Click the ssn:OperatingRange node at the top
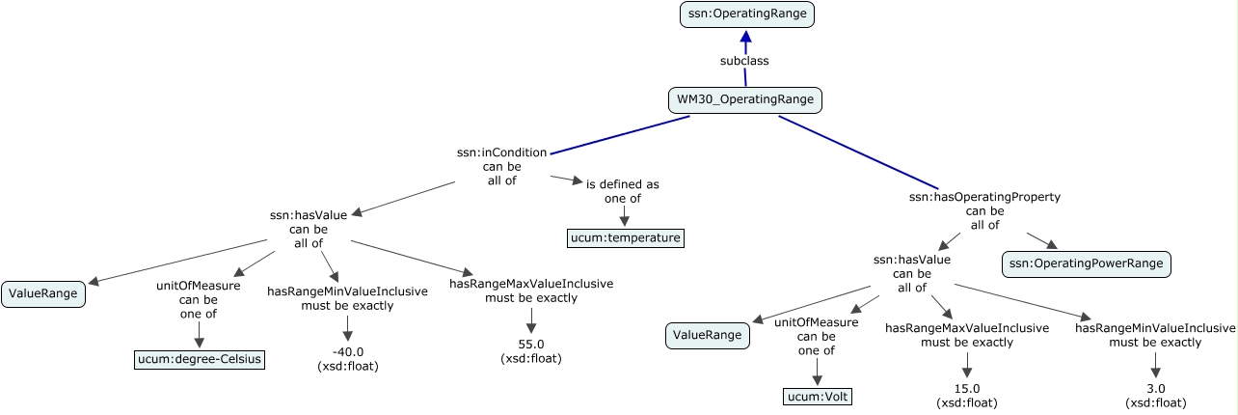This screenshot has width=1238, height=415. coord(745,14)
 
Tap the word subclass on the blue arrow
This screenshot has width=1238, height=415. coord(744,61)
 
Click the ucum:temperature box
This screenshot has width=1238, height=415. coord(624,237)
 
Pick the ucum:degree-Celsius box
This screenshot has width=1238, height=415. coord(199,360)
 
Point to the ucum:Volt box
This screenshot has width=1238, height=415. coord(818,396)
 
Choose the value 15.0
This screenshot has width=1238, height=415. coord(966,388)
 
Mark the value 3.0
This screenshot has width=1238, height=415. coord(1156,388)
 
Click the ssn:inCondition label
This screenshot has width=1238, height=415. coord(501,152)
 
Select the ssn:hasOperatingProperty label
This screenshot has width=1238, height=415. coord(984,197)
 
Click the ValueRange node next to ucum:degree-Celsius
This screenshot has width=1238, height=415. coord(43,294)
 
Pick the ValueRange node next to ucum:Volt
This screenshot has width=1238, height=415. coord(708,335)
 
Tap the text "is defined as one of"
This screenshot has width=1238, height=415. coord(623,191)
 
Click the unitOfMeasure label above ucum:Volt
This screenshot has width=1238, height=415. coord(816,323)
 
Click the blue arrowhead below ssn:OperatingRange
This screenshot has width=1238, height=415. coord(745,37)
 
